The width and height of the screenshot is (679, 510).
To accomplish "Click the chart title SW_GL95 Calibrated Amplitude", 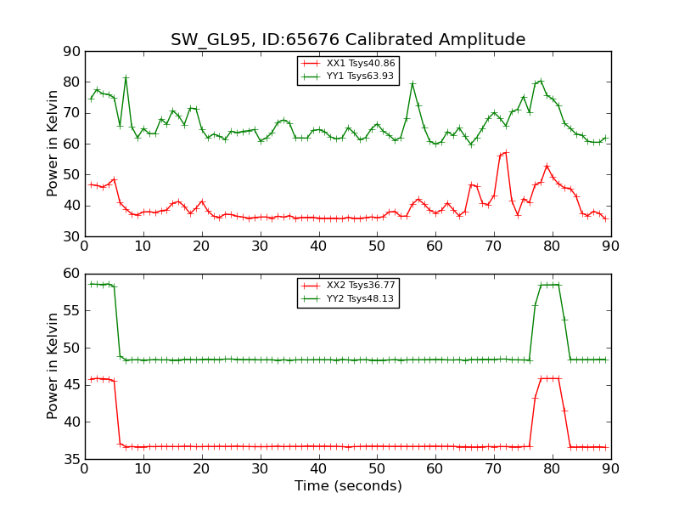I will [x=348, y=40].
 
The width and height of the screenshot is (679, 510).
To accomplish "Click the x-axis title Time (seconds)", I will [x=348, y=486].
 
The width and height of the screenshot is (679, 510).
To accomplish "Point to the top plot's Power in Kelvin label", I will [x=53, y=144].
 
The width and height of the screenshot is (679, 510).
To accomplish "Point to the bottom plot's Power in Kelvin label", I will [x=53, y=365].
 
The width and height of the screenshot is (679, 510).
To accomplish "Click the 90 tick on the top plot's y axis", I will [x=71, y=52].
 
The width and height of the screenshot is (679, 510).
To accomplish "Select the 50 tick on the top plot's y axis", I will [x=71, y=175].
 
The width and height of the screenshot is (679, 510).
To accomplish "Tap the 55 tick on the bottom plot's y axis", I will [x=71, y=311].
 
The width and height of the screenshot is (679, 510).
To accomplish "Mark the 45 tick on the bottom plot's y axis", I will [x=71, y=385].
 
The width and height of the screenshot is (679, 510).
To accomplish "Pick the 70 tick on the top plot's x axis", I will [x=494, y=246].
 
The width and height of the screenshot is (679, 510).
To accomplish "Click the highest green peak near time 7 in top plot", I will [x=126, y=77].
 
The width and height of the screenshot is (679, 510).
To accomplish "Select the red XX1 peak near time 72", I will [x=506, y=152].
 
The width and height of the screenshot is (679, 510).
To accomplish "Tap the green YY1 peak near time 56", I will [x=412, y=83].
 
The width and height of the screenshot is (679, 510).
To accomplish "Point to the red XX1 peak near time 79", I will [x=547, y=166].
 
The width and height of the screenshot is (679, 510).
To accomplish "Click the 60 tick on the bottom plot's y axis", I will [x=71, y=274].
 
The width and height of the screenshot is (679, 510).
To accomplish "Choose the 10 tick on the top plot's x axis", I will [x=143, y=246].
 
